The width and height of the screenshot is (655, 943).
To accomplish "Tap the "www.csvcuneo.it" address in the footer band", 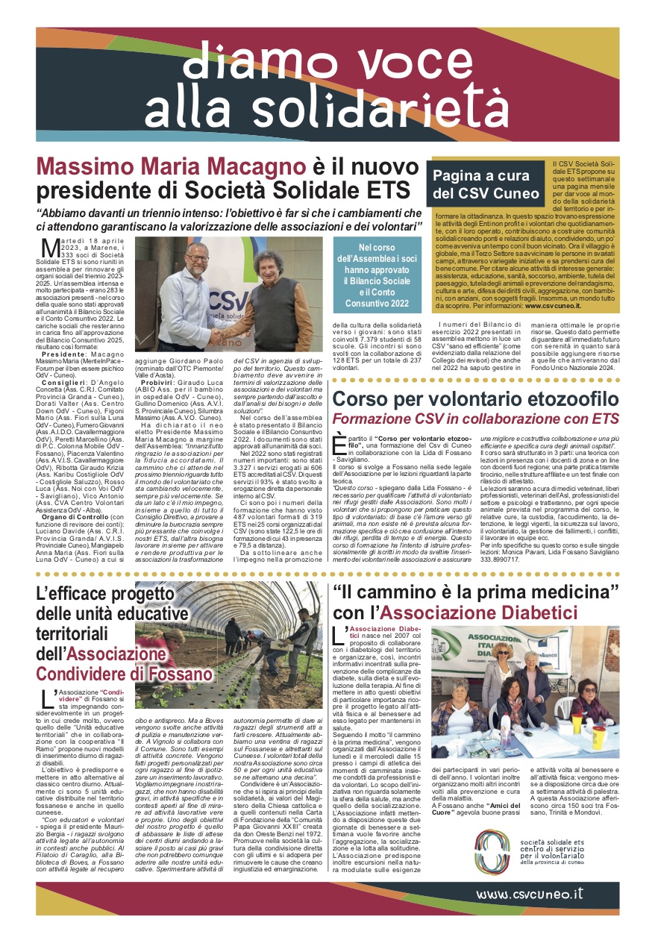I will point(530,895).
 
